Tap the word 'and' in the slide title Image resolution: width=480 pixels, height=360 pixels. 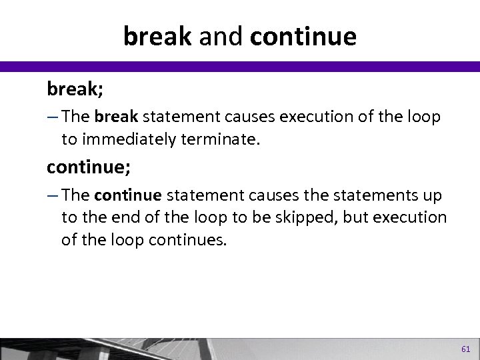tap(218, 37)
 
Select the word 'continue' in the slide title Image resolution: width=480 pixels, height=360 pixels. tap(303, 37)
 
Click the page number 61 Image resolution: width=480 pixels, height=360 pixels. tap(465, 349)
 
